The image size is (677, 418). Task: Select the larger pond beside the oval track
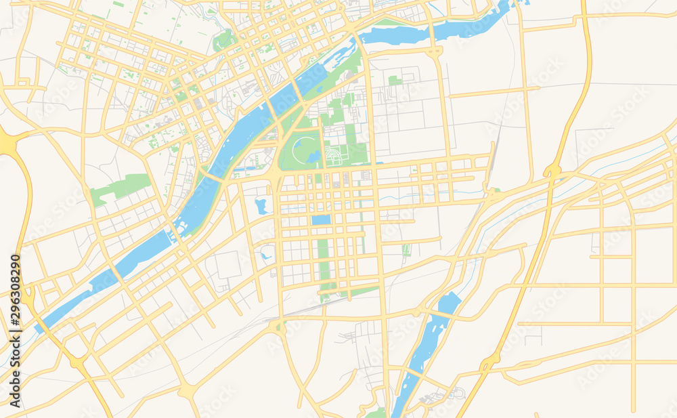click(x=313, y=156)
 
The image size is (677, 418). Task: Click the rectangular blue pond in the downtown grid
click(x=321, y=220)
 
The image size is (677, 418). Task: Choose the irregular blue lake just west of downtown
click(x=261, y=206)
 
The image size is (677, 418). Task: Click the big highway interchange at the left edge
click(x=8, y=144)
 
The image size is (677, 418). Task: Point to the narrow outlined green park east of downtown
click(x=406, y=251)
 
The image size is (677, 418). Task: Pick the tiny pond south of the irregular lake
click(x=266, y=255)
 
